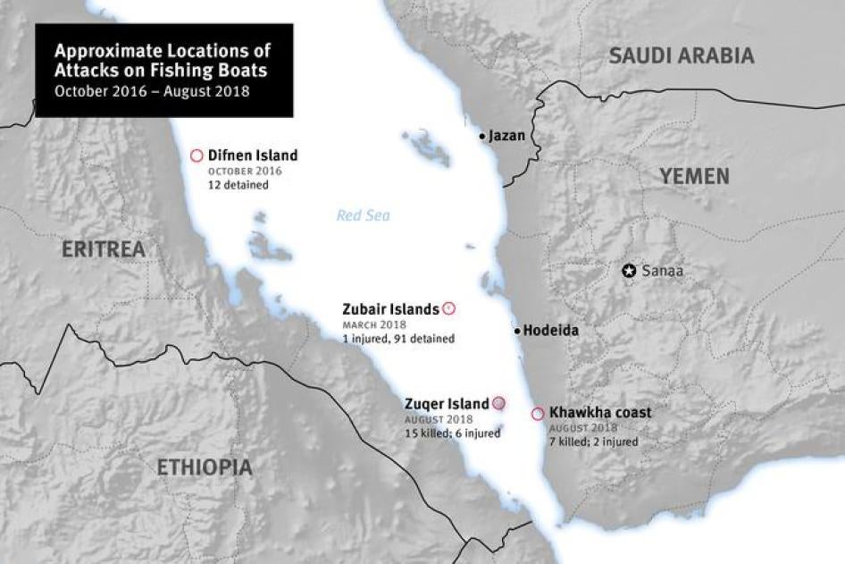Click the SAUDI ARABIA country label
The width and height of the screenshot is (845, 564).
point(681,55)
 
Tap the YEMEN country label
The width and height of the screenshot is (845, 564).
point(694,176)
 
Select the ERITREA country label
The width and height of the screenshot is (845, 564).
point(103,249)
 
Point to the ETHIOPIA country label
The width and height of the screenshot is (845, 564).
point(204,467)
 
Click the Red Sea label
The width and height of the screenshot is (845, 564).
point(363,215)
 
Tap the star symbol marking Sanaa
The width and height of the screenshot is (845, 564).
point(629,270)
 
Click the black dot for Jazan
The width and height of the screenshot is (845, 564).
point(482,137)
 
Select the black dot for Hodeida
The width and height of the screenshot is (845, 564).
point(517,331)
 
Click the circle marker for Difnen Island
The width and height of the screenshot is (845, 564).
point(197,156)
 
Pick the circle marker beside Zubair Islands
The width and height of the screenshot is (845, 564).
point(449,309)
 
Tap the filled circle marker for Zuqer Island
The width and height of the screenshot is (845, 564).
point(498,403)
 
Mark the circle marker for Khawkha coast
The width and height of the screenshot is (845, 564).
point(537,414)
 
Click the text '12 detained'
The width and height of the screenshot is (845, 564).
point(238,185)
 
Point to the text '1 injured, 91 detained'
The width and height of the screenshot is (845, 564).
point(398,339)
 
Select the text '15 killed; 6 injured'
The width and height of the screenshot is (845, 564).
point(452,434)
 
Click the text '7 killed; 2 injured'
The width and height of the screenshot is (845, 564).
point(594,442)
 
